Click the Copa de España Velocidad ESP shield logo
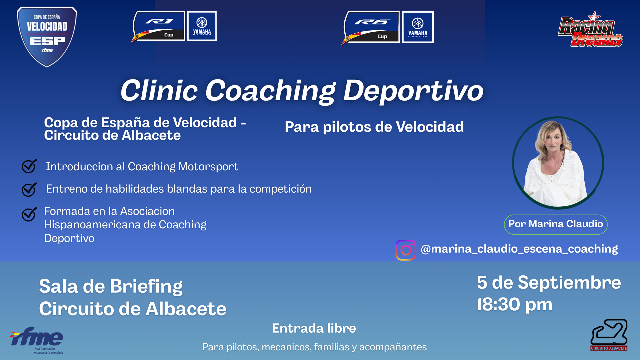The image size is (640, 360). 47,37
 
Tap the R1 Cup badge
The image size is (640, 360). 158,27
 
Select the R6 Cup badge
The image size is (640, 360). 371,28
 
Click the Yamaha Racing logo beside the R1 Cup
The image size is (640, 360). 202,26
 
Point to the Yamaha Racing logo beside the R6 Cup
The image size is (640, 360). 418,27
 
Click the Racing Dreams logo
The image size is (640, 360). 590,30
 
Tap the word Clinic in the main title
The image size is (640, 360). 159,90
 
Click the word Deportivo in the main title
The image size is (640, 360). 413,91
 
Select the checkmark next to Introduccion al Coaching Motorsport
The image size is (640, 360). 29,166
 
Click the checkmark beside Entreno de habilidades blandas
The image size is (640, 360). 29,189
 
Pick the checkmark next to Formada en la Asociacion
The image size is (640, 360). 29,214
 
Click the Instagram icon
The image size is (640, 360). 406,250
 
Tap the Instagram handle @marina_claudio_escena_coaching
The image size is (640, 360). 519,249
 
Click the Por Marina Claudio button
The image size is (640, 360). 556,224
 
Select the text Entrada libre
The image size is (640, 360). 314,328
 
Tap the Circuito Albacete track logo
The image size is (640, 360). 609,335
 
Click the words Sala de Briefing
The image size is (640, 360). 111,286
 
